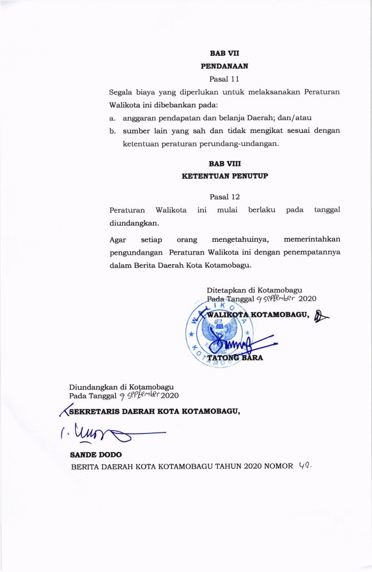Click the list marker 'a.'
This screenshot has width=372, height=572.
[x=112, y=118]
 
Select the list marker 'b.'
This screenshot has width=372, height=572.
[x=112, y=131]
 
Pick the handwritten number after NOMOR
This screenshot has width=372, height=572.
[x=305, y=466]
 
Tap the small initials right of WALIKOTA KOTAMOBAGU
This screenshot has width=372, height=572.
[x=321, y=316]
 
